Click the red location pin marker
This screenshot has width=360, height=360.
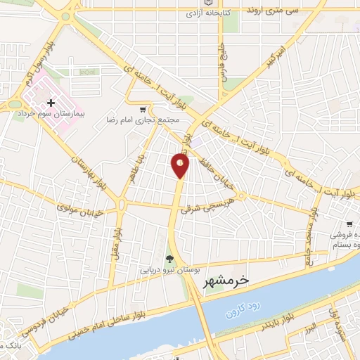tap(181, 165)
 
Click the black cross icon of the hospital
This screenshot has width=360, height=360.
tap(51, 103)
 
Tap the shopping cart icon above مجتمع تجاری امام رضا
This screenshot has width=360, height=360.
tap(143, 110)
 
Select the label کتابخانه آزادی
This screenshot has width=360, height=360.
tap(209, 13)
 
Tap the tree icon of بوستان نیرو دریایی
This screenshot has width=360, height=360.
tap(169, 257)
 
